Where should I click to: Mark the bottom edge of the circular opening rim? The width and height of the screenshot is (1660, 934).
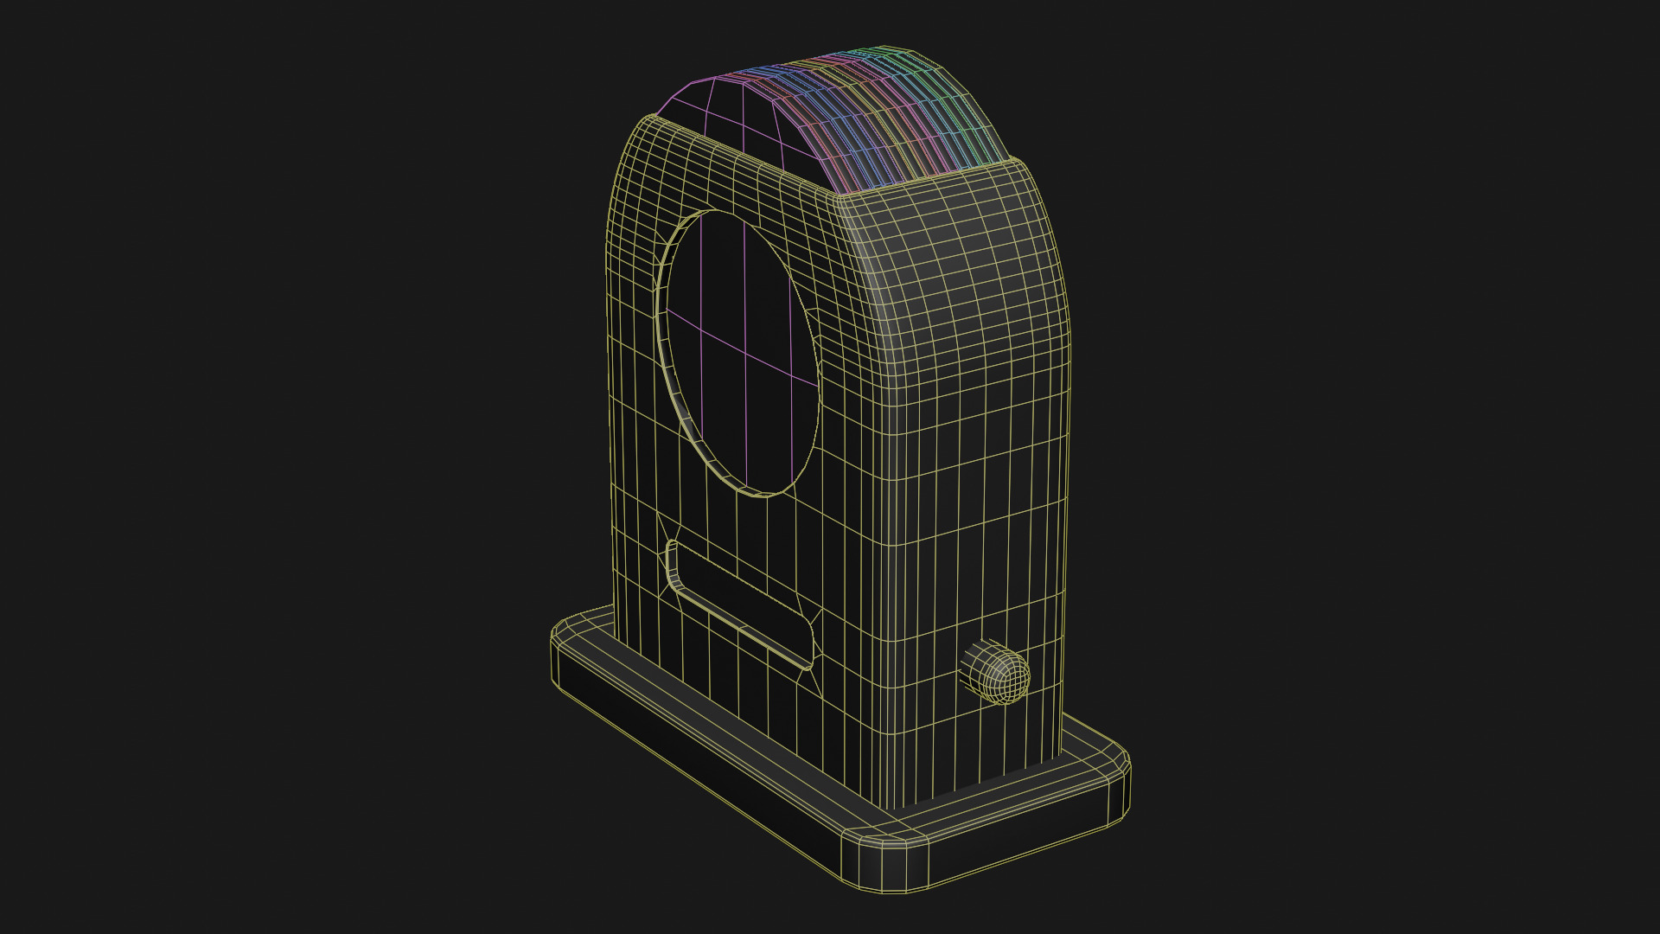click(x=761, y=493)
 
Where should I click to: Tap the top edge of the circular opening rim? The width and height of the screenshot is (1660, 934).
click(x=718, y=213)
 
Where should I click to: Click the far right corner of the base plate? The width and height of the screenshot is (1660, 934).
click(x=1120, y=765)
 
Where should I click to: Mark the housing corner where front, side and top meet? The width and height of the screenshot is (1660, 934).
click(x=843, y=203)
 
